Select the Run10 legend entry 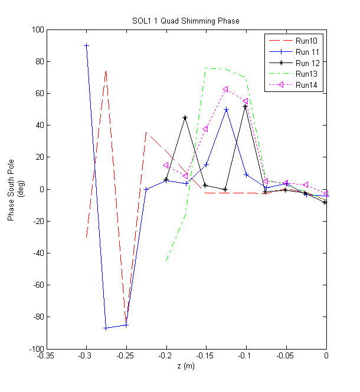306,41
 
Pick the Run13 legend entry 306,74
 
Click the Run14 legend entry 306,85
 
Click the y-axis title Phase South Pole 11,189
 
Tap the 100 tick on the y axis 37,29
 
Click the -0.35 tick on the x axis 47,356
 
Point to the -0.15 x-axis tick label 206,356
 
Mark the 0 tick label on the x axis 326,356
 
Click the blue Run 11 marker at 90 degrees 86,45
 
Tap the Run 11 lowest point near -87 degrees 106,328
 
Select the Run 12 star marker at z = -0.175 185,118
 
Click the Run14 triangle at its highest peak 225,90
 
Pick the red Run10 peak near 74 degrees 106,71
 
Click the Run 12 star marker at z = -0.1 246,106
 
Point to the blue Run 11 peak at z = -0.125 225,110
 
